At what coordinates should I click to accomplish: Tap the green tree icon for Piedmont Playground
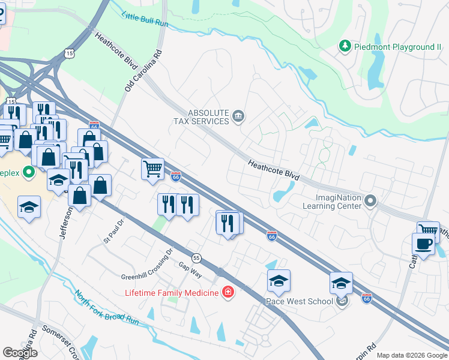coord(345,46)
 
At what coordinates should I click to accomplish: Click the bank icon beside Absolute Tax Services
coord(238,116)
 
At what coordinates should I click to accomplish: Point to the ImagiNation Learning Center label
coord(339,202)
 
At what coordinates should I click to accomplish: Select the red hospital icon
coord(228,292)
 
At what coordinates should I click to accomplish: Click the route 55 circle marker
coord(196,258)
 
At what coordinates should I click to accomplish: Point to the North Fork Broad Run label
coord(107,308)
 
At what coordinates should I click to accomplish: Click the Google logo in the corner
coord(20,353)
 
